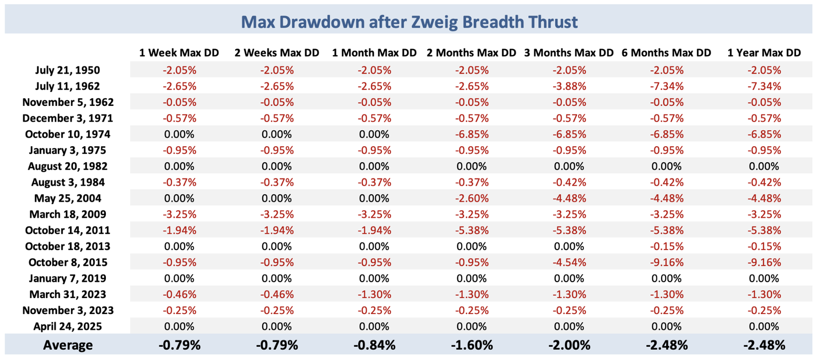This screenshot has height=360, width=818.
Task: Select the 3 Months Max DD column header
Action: [x=569, y=53]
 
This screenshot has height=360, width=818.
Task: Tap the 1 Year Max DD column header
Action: [x=764, y=53]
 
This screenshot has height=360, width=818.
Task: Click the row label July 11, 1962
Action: [x=67, y=86]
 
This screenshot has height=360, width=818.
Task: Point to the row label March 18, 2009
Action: [x=67, y=214]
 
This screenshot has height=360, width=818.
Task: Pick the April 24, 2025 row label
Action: [x=67, y=326]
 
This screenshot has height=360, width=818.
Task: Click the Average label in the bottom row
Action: [x=67, y=345]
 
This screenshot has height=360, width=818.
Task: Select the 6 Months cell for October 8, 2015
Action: [x=666, y=262]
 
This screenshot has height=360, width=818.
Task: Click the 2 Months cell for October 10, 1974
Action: [x=471, y=134]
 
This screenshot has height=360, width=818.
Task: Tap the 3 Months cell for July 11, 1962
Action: [x=569, y=86]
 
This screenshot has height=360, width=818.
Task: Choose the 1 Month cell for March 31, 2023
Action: [x=374, y=295]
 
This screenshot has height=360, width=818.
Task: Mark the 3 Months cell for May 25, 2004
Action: [x=569, y=198]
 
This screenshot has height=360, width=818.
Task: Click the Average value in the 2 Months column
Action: [x=471, y=345]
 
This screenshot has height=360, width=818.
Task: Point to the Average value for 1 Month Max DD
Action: [x=374, y=345]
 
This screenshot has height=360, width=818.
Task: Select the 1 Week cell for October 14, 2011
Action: [x=179, y=230]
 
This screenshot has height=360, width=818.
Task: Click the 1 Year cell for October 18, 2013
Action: [x=764, y=246]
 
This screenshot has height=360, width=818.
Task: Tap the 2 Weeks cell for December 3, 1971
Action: [x=277, y=118]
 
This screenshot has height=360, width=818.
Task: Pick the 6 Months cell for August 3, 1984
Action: [x=666, y=182]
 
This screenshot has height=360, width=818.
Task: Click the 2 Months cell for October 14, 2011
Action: [x=471, y=230]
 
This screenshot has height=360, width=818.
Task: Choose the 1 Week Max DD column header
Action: [x=179, y=53]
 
